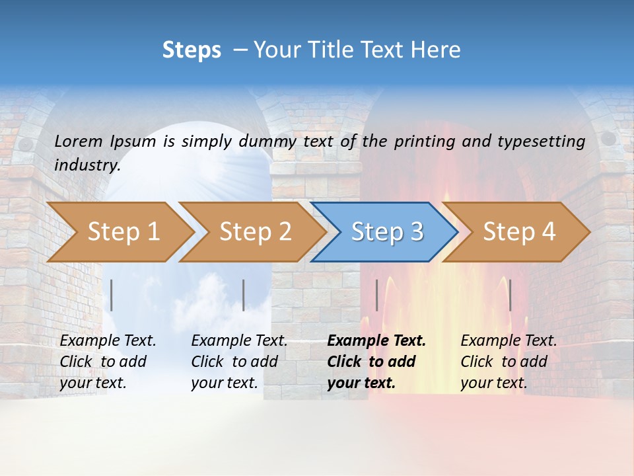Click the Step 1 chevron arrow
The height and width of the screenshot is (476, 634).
(x=123, y=232)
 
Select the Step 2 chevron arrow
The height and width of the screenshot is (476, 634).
(x=255, y=232)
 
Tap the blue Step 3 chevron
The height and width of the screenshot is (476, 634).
(x=387, y=232)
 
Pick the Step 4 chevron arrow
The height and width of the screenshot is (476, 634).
(x=519, y=232)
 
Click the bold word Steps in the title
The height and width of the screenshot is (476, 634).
(x=192, y=50)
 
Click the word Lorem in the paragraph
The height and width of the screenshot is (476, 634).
(x=78, y=141)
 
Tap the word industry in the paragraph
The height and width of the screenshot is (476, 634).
(x=87, y=165)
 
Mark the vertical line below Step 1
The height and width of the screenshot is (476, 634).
(x=112, y=295)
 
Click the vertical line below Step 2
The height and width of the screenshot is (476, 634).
(x=244, y=295)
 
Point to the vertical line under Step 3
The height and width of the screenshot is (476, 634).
(x=377, y=295)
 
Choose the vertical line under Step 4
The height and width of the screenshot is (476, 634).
(x=510, y=295)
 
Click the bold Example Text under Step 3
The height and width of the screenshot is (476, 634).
(x=376, y=341)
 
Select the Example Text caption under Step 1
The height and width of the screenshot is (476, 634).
(x=108, y=341)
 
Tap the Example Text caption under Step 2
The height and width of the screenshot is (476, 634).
(x=239, y=341)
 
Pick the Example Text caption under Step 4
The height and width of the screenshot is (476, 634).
(x=509, y=341)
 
